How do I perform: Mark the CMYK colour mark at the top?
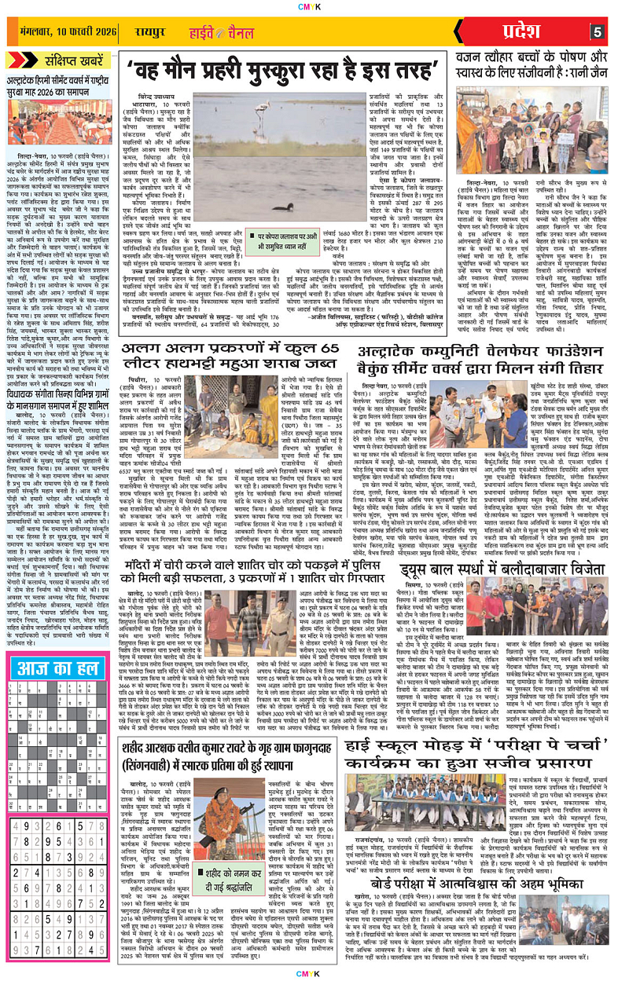(315, 5)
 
